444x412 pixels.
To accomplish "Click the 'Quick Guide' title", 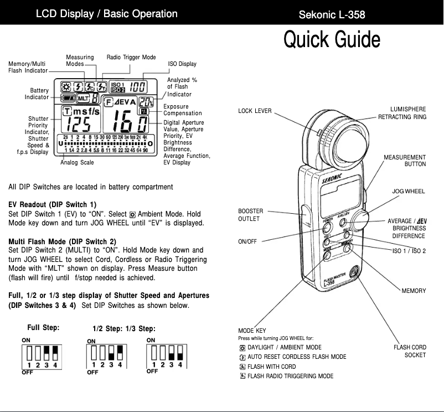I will click(332, 40).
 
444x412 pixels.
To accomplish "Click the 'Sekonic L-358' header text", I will click(332, 14).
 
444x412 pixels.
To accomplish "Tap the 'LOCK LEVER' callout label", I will click(255, 111).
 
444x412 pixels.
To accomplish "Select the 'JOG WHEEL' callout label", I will click(409, 191).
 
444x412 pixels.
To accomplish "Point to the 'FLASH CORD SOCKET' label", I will click(410, 351).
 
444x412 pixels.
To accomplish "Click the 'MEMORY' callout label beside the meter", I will click(414, 291).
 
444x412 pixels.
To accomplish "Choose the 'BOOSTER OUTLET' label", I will click(250, 215).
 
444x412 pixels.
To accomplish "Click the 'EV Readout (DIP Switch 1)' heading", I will click(53, 204).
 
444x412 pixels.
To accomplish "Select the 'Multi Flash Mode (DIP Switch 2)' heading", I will click(63, 241).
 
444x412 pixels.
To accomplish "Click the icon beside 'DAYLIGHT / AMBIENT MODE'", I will click(242, 348).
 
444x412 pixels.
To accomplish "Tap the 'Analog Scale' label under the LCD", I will click(77, 163).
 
